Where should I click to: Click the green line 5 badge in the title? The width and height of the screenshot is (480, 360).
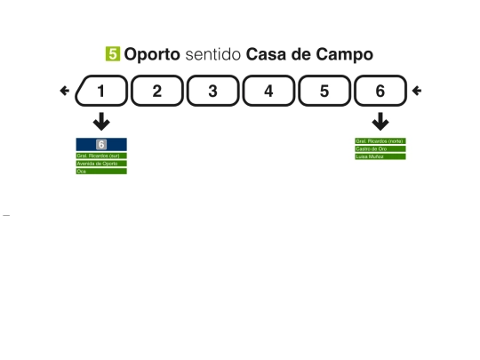[x=113, y=54]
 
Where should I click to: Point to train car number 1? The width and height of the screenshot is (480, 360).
[x=100, y=91]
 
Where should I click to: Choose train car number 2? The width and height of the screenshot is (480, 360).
[x=156, y=91]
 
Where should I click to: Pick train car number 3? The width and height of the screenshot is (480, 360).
[x=212, y=91]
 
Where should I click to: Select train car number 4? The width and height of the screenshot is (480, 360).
[x=268, y=91]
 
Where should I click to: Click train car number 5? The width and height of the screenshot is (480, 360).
[x=324, y=91]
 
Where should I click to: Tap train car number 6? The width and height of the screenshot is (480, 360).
[x=380, y=91]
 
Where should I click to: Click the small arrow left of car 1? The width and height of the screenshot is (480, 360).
[x=64, y=91]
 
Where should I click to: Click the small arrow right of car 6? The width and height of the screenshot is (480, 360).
[x=417, y=91]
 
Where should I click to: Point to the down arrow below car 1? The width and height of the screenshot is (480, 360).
[x=101, y=122]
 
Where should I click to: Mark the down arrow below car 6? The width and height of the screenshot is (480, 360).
[x=380, y=122]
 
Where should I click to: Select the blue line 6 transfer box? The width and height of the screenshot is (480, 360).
[x=101, y=144]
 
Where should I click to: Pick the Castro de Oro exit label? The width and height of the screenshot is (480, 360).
[x=380, y=148]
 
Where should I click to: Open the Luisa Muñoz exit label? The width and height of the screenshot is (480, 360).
[x=380, y=156]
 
